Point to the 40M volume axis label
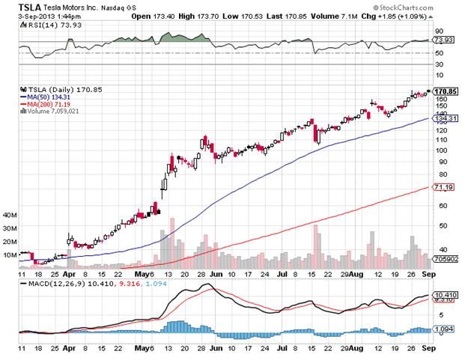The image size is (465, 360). [10, 215]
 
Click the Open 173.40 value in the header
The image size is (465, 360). [151, 13]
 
